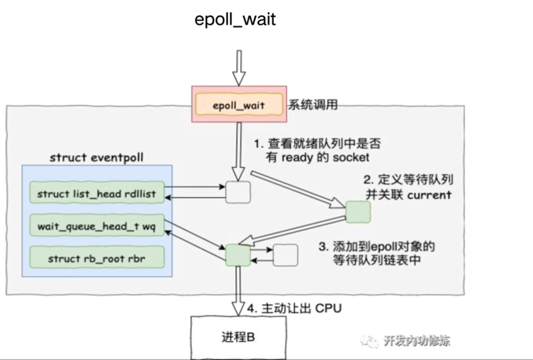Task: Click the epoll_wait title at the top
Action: tap(235, 20)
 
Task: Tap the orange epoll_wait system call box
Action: tap(238, 105)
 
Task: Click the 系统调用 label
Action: tap(313, 105)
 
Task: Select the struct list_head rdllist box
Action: tap(97, 194)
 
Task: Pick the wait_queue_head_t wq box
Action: tap(97, 226)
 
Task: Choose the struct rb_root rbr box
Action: tap(97, 259)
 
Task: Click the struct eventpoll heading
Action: tap(96, 157)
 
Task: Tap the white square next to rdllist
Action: tap(238, 192)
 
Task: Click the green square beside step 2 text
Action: tap(358, 212)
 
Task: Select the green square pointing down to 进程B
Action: tap(238, 255)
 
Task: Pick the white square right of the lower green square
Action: tap(285, 255)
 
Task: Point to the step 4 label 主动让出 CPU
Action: tap(294, 308)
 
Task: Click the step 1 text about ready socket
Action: tap(317, 150)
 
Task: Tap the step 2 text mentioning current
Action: tap(408, 187)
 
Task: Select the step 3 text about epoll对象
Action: tap(376, 253)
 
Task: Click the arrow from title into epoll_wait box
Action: tap(239, 67)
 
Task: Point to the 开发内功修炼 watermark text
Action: tap(416, 341)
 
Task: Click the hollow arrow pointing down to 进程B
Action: tap(238, 291)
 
